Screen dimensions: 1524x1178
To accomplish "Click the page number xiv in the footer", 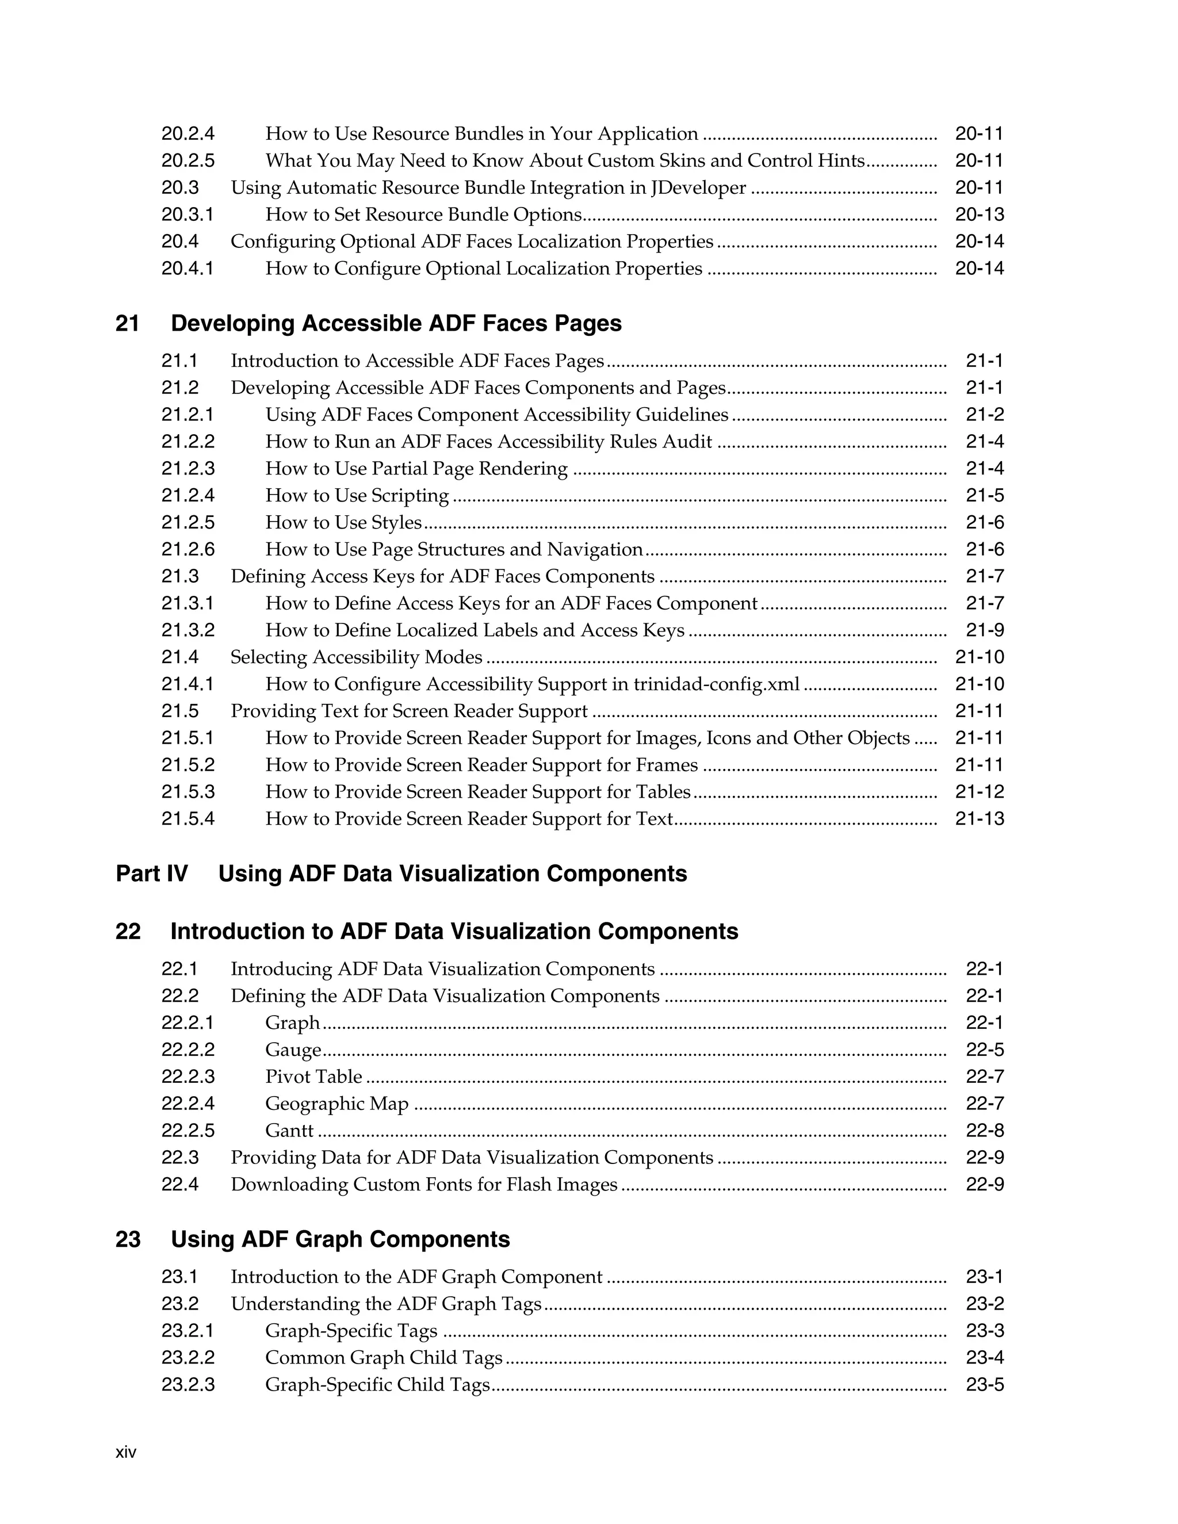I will (125, 1453).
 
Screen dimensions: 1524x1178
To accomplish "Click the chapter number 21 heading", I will (127, 324).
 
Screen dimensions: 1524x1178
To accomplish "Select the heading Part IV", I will (151, 874).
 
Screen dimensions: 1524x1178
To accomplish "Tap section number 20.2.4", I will (188, 134).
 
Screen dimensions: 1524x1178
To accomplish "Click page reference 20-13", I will (979, 215).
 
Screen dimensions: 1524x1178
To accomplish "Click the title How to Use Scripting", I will (357, 496).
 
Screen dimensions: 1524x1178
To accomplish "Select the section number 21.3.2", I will (188, 631).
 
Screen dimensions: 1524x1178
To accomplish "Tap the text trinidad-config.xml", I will (716, 684).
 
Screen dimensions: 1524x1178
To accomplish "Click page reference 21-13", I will (979, 819).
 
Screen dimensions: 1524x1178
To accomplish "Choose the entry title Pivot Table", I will (313, 1077).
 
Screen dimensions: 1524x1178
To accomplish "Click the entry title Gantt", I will (289, 1131).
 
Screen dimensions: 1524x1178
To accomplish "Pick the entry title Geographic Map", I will (336, 1104).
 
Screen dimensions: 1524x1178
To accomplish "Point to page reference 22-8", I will (984, 1131).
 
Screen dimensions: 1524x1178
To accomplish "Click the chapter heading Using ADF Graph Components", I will (340, 1239).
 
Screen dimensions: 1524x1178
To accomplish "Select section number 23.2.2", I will (188, 1358).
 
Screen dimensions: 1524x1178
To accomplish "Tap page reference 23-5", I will (984, 1385).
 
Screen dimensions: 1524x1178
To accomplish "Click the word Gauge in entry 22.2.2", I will (292, 1050).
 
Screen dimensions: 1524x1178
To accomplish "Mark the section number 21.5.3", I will (188, 792).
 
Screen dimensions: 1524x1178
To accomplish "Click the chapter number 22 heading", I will (128, 932).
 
